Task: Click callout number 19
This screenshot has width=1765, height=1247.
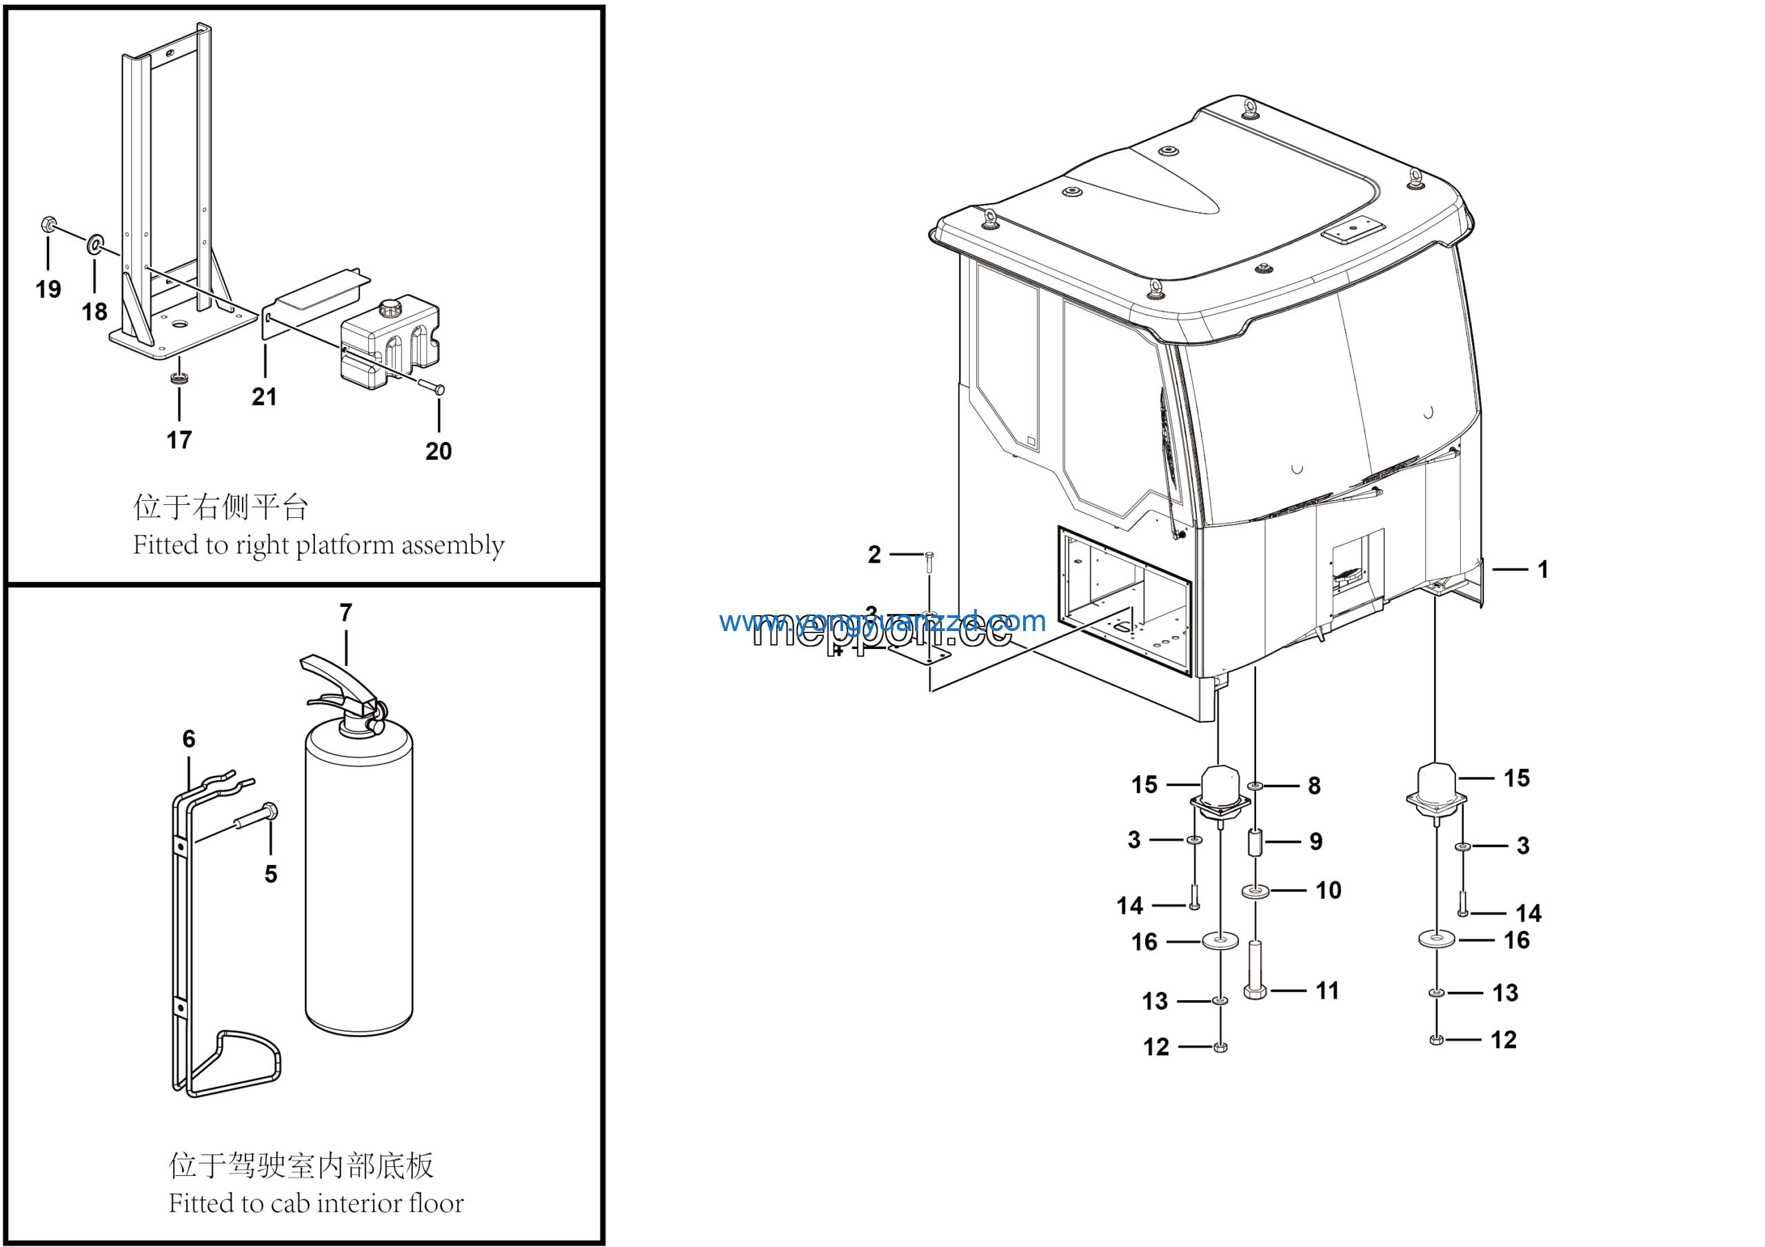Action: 48,290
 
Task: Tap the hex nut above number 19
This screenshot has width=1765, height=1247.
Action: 47,226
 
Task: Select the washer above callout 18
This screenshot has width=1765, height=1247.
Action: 95,244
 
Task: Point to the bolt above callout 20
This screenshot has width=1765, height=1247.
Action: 430,387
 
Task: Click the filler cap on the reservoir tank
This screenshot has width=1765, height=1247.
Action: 390,309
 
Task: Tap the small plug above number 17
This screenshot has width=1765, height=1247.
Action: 179,378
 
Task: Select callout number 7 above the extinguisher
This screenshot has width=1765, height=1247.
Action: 346,612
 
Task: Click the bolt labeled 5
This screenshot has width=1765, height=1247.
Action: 258,817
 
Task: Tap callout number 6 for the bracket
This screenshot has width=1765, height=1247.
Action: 188,739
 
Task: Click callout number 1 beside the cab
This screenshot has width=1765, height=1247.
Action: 1542,570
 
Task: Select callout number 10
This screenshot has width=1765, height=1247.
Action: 1328,890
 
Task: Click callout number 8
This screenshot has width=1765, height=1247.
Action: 1314,786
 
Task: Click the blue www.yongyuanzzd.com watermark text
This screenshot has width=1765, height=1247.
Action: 882,621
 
